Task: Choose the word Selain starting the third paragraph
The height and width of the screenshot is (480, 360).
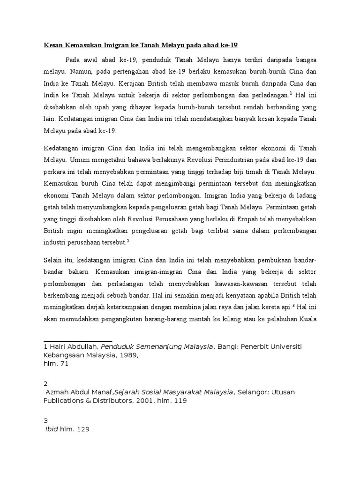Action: (x=54, y=260)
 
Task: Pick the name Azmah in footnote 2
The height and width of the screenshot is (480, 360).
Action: (x=57, y=392)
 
